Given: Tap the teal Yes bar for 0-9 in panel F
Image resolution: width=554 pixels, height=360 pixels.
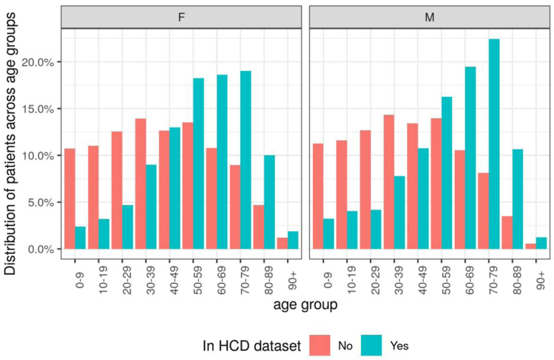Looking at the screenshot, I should (x=81, y=238).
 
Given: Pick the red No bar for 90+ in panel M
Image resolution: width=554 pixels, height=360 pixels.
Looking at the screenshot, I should (x=530, y=246).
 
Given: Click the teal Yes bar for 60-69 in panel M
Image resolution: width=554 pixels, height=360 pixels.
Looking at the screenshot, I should (x=470, y=158).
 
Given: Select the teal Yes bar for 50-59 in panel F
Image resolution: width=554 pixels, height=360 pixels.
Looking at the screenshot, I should (x=199, y=164).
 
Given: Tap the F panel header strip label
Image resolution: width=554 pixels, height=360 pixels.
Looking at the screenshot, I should (x=182, y=17).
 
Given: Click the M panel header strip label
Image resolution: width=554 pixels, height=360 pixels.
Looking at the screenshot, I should (x=430, y=17).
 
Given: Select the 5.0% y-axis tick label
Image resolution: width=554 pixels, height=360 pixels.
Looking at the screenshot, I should (x=39, y=203).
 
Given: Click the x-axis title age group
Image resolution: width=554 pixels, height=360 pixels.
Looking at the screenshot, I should (x=306, y=304).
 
